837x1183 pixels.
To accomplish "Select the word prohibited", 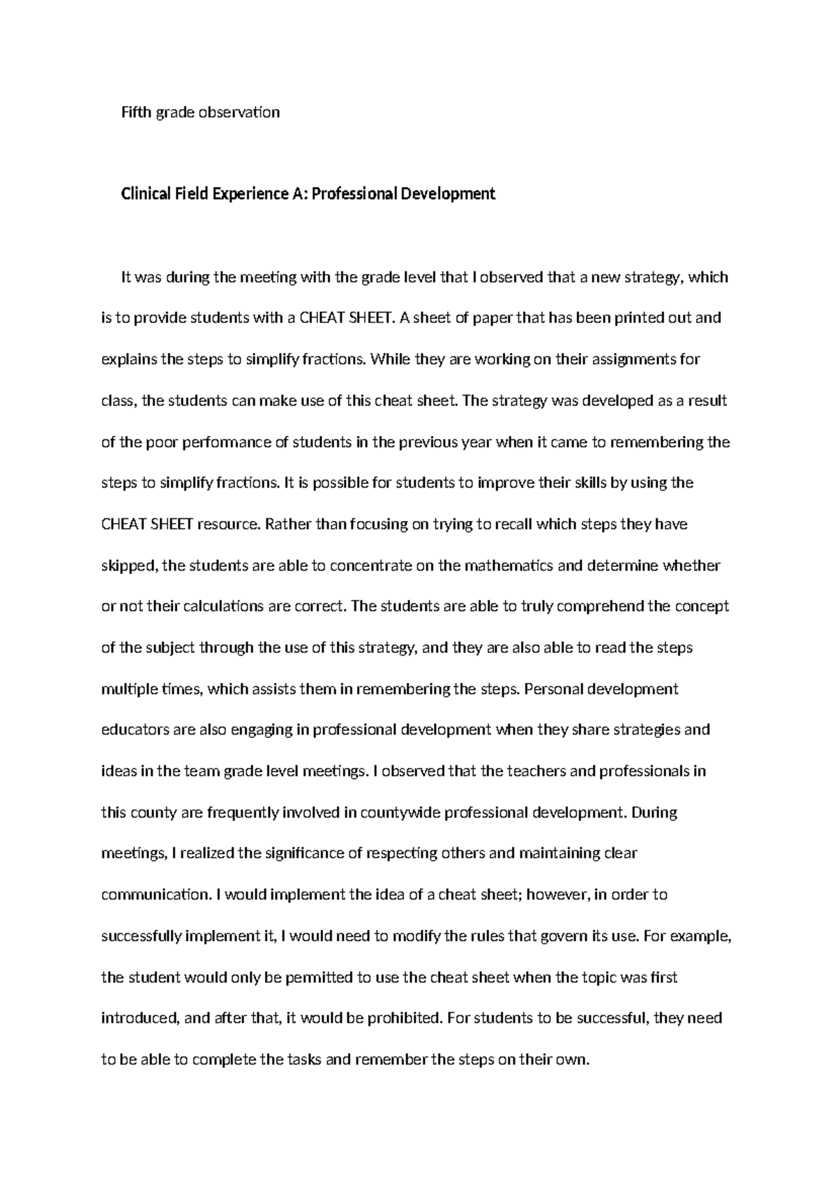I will pyautogui.click(x=400, y=1018).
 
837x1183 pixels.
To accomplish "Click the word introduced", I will pyautogui.click(x=139, y=1018).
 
